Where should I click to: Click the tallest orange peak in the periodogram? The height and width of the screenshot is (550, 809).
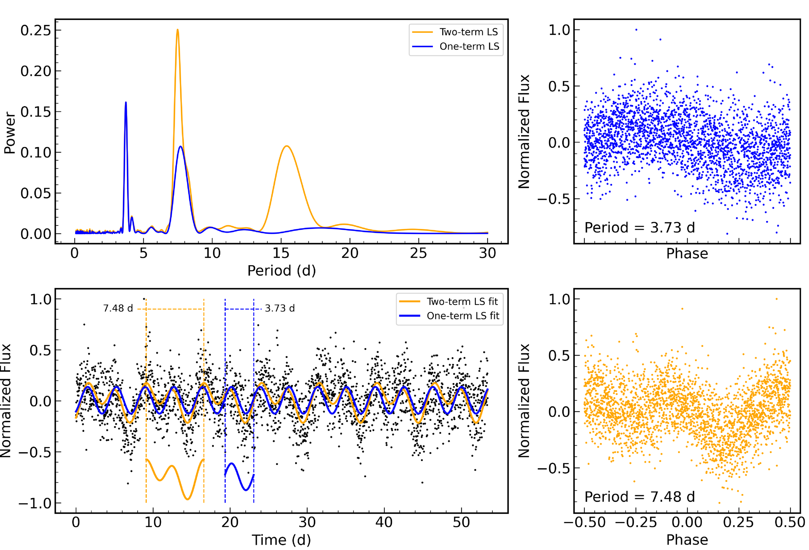coord(178,30)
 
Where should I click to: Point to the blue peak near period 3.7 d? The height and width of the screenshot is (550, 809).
coord(126,103)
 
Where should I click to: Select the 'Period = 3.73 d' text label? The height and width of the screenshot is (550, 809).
coord(639,228)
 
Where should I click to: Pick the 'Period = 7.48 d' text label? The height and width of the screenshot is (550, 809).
coord(639,497)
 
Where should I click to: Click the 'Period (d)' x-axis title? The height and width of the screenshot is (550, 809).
coord(281,271)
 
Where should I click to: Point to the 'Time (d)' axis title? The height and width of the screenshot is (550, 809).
coord(281,540)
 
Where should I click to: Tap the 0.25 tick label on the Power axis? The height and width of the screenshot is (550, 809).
coord(36,30)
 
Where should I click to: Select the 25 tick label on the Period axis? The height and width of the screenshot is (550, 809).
coord(418,253)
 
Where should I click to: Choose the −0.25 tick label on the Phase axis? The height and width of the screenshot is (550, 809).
coord(636,522)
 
